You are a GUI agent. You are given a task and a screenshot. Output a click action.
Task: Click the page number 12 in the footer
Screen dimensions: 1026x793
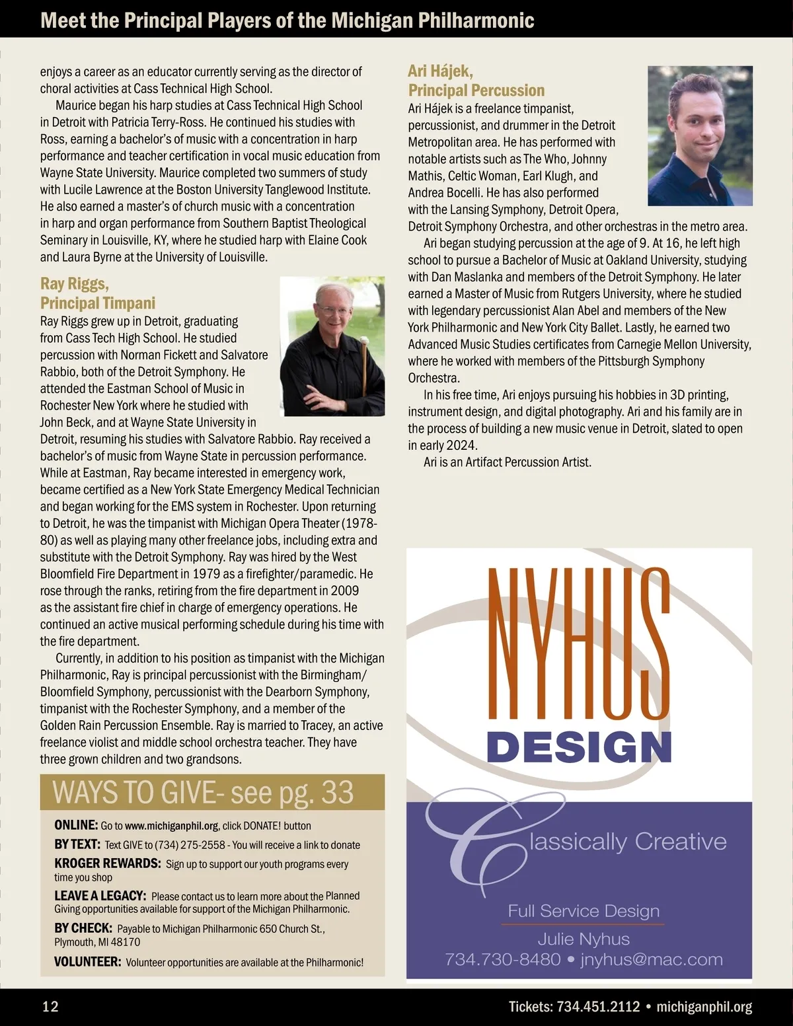click(x=50, y=1006)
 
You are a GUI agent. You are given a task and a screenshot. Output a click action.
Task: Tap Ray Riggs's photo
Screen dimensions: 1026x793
click(x=332, y=346)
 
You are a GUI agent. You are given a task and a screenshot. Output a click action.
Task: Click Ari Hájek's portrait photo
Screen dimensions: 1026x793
click(x=700, y=135)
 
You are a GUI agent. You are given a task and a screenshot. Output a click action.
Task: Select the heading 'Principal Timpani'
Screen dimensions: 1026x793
click(x=98, y=303)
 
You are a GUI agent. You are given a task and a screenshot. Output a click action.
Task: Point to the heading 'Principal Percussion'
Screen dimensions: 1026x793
click(x=476, y=91)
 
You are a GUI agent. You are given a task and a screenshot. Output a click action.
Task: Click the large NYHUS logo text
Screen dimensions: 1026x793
click(x=579, y=643)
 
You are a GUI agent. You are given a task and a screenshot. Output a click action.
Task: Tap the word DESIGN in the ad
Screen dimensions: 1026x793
click(x=579, y=747)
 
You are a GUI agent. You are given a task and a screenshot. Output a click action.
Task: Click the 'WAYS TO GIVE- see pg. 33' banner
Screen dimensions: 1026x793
click(x=204, y=792)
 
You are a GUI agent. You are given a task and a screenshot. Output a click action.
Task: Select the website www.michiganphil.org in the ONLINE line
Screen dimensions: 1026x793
click(x=171, y=826)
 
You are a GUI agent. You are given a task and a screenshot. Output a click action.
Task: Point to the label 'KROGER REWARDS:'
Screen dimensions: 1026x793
click(x=107, y=863)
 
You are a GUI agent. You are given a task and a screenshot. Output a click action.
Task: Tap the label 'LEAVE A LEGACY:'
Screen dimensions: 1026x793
click(x=100, y=896)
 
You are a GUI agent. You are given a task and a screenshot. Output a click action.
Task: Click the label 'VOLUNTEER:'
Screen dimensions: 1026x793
click(x=87, y=962)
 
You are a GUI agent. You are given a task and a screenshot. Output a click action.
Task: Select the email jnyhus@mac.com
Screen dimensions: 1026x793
click(x=652, y=959)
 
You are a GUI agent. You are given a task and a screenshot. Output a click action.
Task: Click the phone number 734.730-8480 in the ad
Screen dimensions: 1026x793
click(x=502, y=959)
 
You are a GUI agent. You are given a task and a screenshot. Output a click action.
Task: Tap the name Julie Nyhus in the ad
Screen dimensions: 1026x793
click(x=584, y=939)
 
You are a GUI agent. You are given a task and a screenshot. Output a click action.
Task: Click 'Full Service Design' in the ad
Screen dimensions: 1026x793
click(x=584, y=911)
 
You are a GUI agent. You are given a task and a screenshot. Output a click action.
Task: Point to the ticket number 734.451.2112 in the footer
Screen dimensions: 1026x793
click(x=599, y=1006)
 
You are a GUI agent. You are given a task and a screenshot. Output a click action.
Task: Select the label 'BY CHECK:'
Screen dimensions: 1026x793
click(x=83, y=928)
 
